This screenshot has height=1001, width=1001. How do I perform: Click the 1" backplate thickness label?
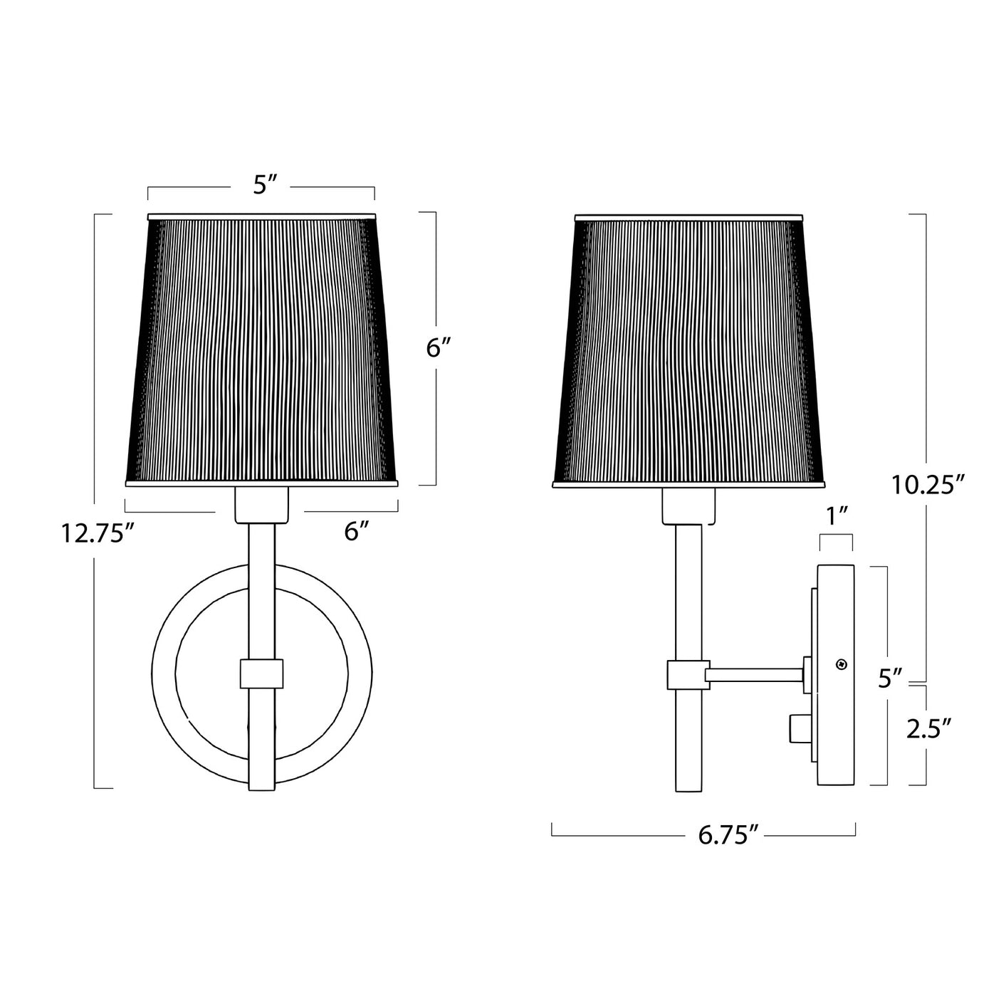(837, 515)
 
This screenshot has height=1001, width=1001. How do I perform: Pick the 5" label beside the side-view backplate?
(890, 678)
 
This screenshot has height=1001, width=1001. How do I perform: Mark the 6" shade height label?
(439, 348)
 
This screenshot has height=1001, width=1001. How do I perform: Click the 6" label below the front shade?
(357, 530)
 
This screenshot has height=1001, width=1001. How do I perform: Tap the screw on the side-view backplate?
(842, 665)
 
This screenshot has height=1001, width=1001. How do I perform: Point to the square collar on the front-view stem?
(261, 674)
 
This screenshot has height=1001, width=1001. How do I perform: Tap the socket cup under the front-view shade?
(261, 504)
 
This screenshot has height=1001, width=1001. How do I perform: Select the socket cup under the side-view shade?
(688, 505)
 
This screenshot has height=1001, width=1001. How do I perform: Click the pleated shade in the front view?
(261, 349)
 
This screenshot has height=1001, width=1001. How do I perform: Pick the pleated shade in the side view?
(688, 349)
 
